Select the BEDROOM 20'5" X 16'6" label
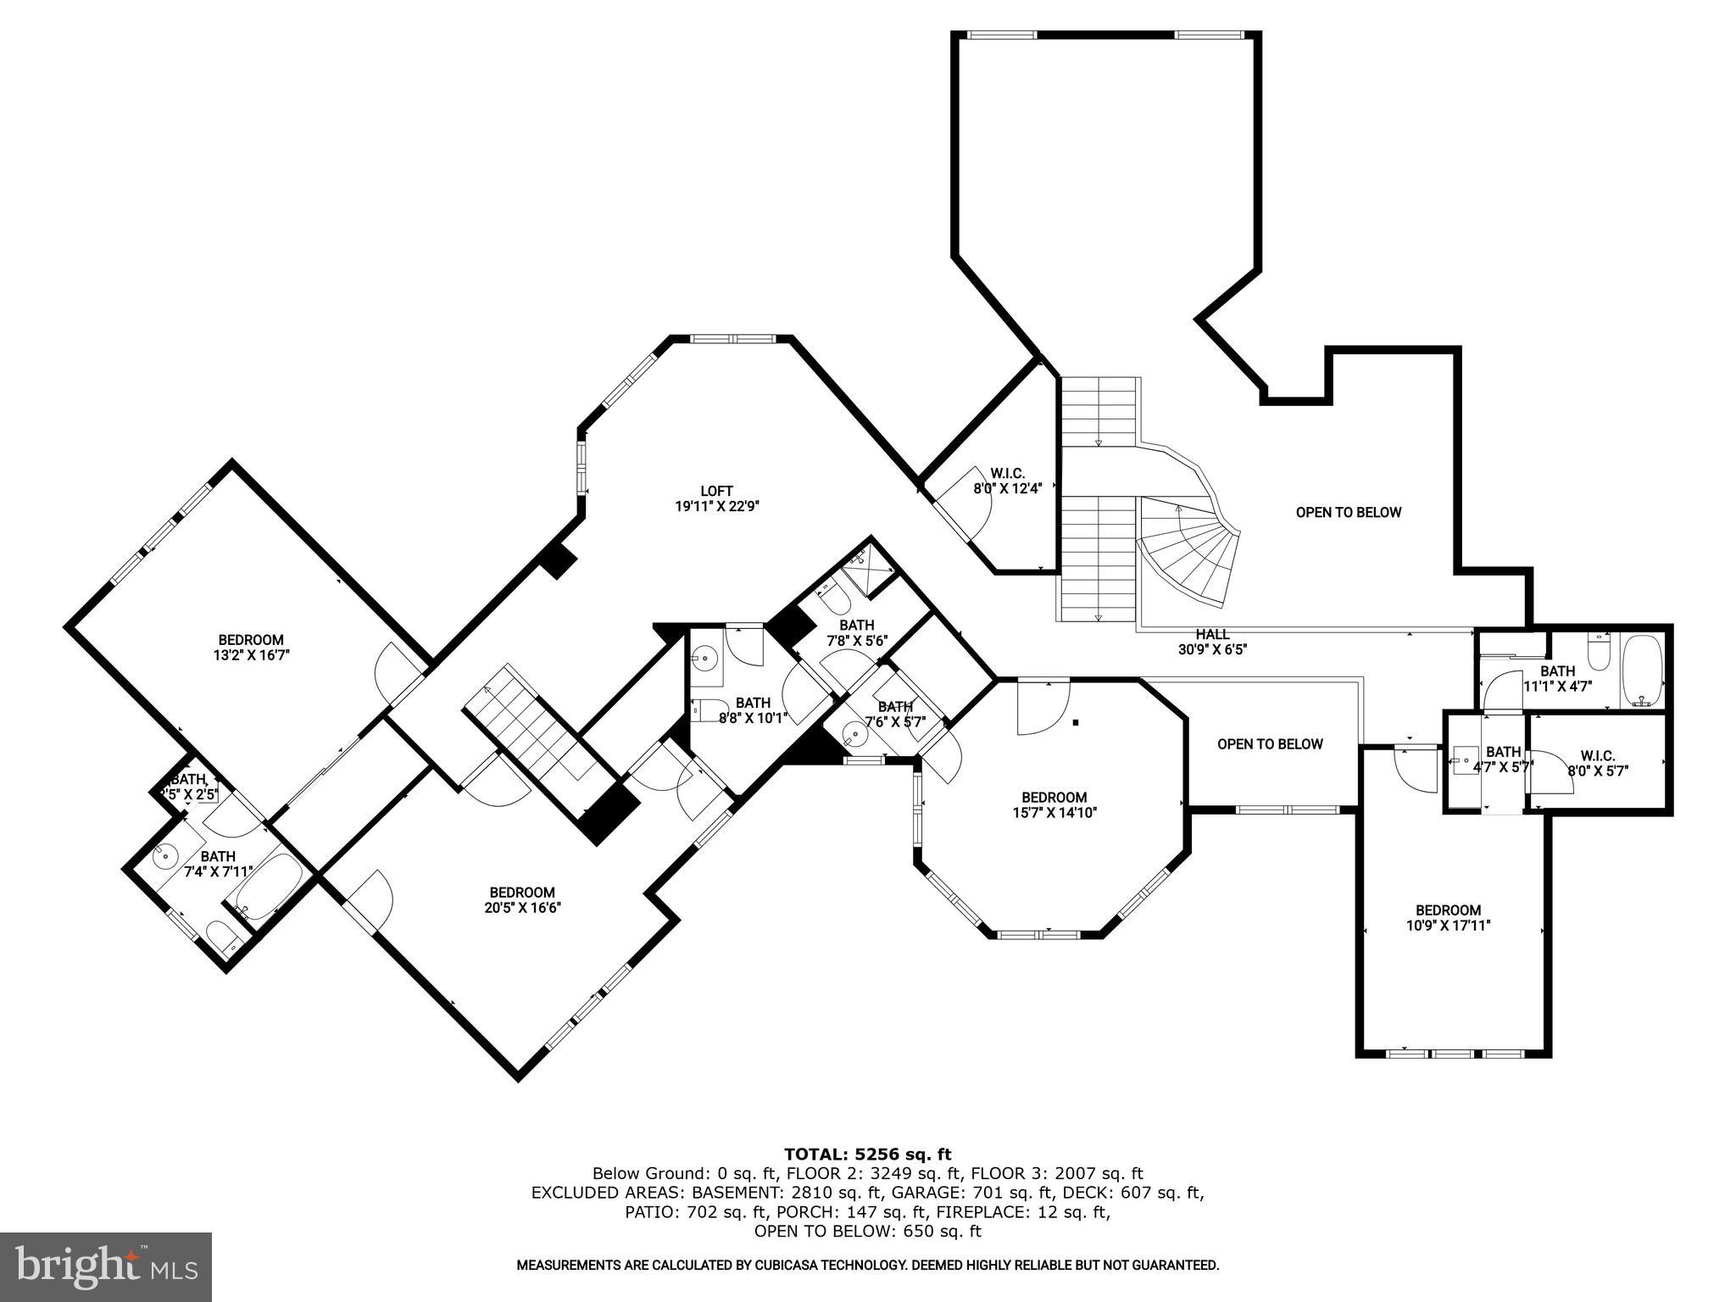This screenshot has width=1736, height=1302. [521, 899]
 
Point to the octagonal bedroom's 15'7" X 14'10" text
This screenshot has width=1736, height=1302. [1054, 812]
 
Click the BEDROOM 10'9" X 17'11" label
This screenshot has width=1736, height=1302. [1448, 918]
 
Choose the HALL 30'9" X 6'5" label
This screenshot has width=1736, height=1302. [1212, 642]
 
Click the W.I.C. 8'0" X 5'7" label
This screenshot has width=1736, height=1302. [1597, 763]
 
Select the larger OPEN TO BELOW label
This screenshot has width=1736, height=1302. [1348, 512]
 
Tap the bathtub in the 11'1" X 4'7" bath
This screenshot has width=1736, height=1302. [1643, 670]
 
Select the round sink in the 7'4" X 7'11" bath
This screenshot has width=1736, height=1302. [164, 856]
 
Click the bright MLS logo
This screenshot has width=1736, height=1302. [105, 1266]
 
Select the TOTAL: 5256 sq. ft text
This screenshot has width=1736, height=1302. [867, 1154]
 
